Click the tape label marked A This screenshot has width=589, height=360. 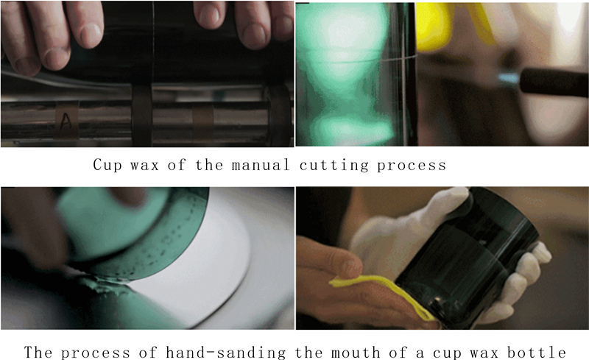pyautogui.click(x=66, y=120)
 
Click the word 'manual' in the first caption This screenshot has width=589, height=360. pyautogui.click(x=261, y=165)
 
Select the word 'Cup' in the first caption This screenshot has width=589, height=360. pyautogui.click(x=107, y=165)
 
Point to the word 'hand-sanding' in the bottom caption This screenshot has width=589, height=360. pyautogui.click(x=225, y=353)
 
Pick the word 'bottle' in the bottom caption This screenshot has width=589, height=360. pyautogui.click(x=537, y=353)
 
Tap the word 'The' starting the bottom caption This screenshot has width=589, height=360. pyautogui.click(x=38, y=353)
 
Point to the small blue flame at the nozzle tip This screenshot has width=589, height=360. pyautogui.click(x=509, y=79)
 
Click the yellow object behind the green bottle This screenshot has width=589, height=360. pyautogui.click(x=436, y=27)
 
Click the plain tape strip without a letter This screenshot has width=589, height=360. pyautogui.click(x=203, y=121)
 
